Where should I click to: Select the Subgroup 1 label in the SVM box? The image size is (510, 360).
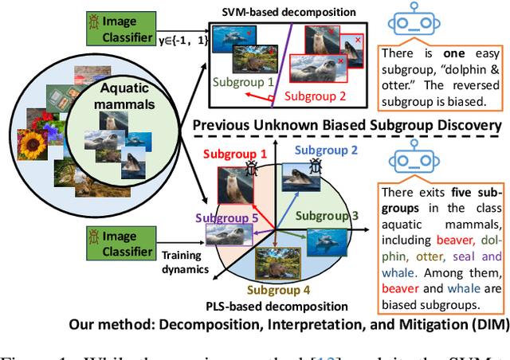pos(242,81)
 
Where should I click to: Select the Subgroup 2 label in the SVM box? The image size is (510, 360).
pos(315,96)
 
